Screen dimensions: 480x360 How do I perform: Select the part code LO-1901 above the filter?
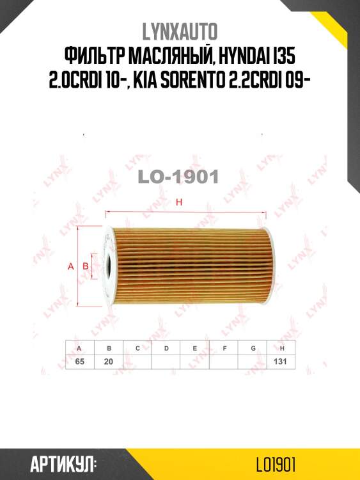tap(179, 176)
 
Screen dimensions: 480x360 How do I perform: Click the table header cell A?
tap(79, 348)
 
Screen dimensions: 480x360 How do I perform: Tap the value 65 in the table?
tap(79, 362)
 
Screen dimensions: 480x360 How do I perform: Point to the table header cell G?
tap(253, 348)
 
